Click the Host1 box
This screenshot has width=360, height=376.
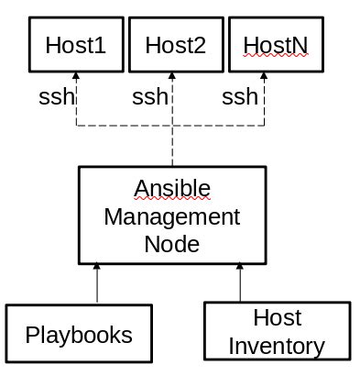pyautogui.click(x=75, y=45)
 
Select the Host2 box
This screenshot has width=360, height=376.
pyautogui.click(x=175, y=45)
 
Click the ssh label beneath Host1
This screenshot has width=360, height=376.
pyautogui.click(x=56, y=96)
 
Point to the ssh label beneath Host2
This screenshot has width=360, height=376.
pyautogui.click(x=150, y=96)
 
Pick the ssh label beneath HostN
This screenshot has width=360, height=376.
pyautogui.click(x=240, y=96)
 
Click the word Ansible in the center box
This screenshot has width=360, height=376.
pyautogui.click(x=172, y=188)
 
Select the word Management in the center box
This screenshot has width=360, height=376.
pyautogui.click(x=172, y=217)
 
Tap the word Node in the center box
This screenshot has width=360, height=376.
pyautogui.click(x=172, y=245)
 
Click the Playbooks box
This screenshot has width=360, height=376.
pyautogui.click(x=78, y=335)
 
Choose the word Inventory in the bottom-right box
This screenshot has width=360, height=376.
pyautogui.click(x=276, y=347)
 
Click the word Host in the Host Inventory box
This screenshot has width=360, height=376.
pyautogui.click(x=277, y=319)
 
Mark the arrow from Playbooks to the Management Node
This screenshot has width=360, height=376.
pyautogui.click(x=97, y=285)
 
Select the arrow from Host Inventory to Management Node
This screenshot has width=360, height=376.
pyautogui.click(x=241, y=285)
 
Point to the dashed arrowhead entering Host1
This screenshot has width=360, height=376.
pyautogui.click(x=75, y=78)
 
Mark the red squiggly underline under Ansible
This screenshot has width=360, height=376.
pyautogui.click(x=172, y=199)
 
